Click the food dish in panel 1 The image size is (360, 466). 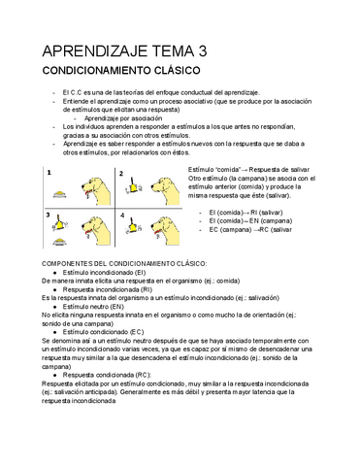click(x=62, y=193)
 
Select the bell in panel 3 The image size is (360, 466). click(x=61, y=227)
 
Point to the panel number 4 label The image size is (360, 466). click(x=122, y=212)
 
